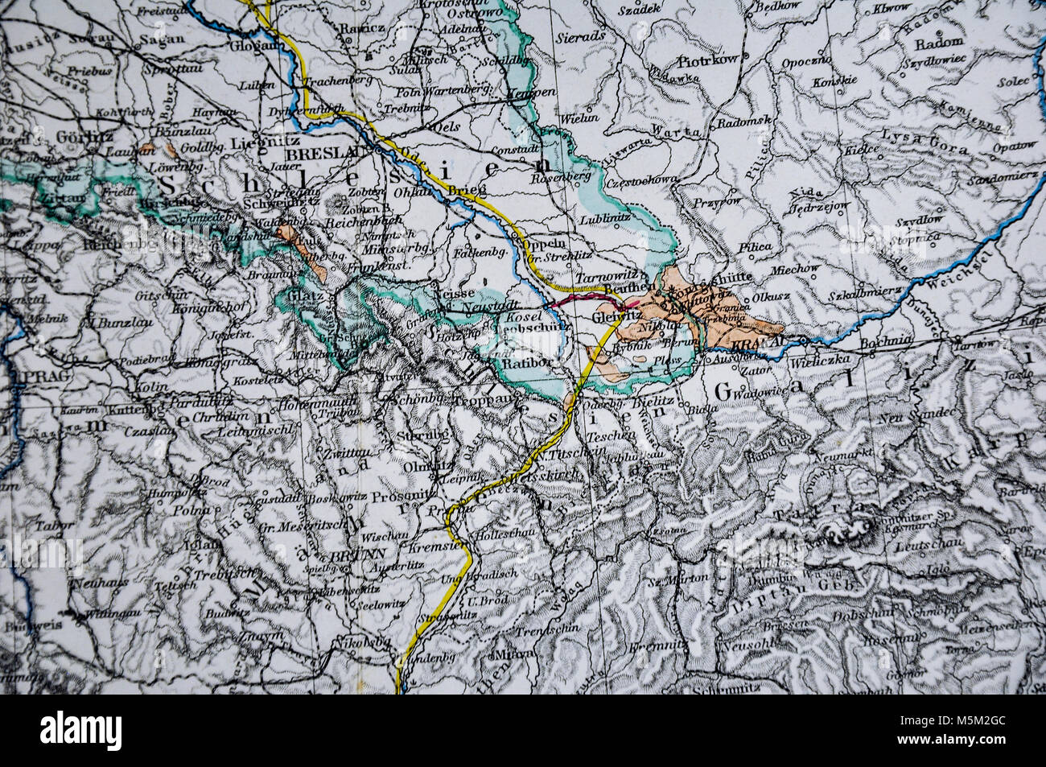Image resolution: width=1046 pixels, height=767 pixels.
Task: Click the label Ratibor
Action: pos(525,363)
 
